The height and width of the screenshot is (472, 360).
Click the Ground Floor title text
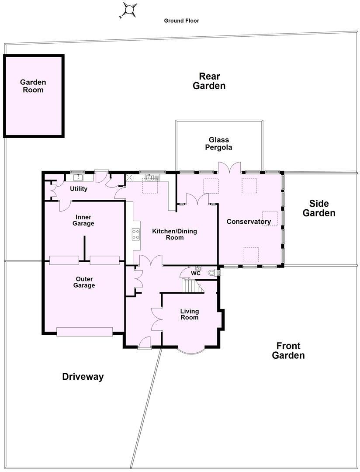pos(181,21)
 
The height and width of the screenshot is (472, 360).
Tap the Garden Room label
pos(33,86)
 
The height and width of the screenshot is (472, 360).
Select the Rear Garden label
pos(209,81)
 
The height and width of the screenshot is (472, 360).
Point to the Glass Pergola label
pos(219,143)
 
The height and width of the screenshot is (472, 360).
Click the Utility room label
pos(79,189)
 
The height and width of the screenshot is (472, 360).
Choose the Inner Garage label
pos(84,220)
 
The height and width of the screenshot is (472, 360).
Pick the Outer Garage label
pos(84,282)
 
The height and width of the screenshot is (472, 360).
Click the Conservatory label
pos(249,222)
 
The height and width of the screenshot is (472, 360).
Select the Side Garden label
pos(319,208)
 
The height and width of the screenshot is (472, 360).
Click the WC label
pos(196,273)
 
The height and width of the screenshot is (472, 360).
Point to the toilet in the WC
pos(213,273)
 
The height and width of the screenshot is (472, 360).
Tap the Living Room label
pos(190,314)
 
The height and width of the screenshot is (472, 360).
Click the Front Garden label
pos(288,351)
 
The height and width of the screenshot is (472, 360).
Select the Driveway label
pos(83,376)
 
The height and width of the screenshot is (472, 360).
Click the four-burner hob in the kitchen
pos(136,234)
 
